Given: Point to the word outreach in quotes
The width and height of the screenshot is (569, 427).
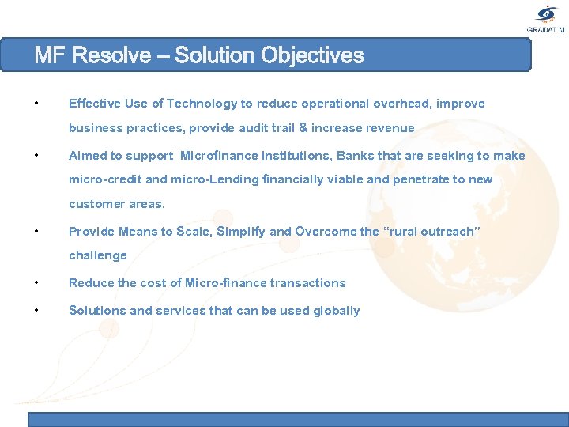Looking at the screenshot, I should [x=448, y=232].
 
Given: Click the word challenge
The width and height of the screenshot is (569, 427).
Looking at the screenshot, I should [x=98, y=255].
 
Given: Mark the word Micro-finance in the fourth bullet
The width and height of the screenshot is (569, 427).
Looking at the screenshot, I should [x=224, y=283].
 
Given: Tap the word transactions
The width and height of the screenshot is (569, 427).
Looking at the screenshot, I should [x=307, y=283].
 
